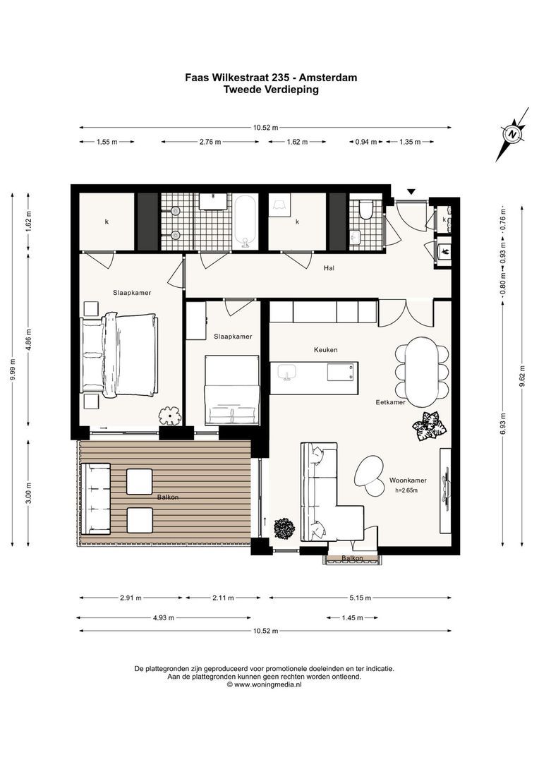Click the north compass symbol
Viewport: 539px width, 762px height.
(512, 134)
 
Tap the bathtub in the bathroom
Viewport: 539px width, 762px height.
(246, 222)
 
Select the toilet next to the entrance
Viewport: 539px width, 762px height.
(365, 210)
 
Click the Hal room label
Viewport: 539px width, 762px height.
(329, 268)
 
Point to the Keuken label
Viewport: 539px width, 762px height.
(326, 349)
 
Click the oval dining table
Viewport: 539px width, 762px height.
(421, 372)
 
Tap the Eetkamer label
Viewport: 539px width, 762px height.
(390, 402)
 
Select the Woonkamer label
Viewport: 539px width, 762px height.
(408, 480)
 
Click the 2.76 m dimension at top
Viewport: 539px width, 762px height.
(210, 142)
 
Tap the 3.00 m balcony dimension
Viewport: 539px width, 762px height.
(29, 492)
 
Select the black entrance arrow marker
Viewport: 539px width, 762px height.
(411, 192)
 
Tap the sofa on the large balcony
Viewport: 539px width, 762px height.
(96, 498)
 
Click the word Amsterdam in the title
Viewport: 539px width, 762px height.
(328, 78)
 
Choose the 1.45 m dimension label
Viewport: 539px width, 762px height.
(352, 618)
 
